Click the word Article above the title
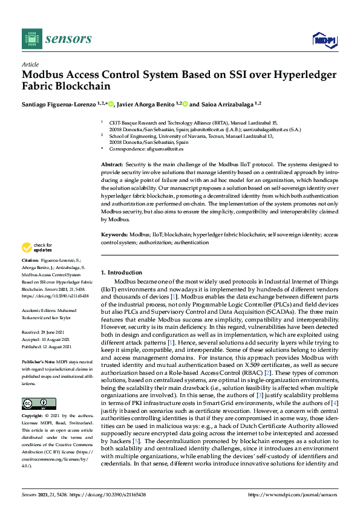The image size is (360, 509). (x=30, y=64)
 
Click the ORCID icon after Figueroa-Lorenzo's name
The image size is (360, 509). (x=111, y=104)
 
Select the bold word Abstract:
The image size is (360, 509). (x=113, y=164)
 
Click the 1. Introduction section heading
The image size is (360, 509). (x=122, y=273)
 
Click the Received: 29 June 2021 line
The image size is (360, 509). (x=46, y=332)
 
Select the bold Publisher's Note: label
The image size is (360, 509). (x=38, y=360)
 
